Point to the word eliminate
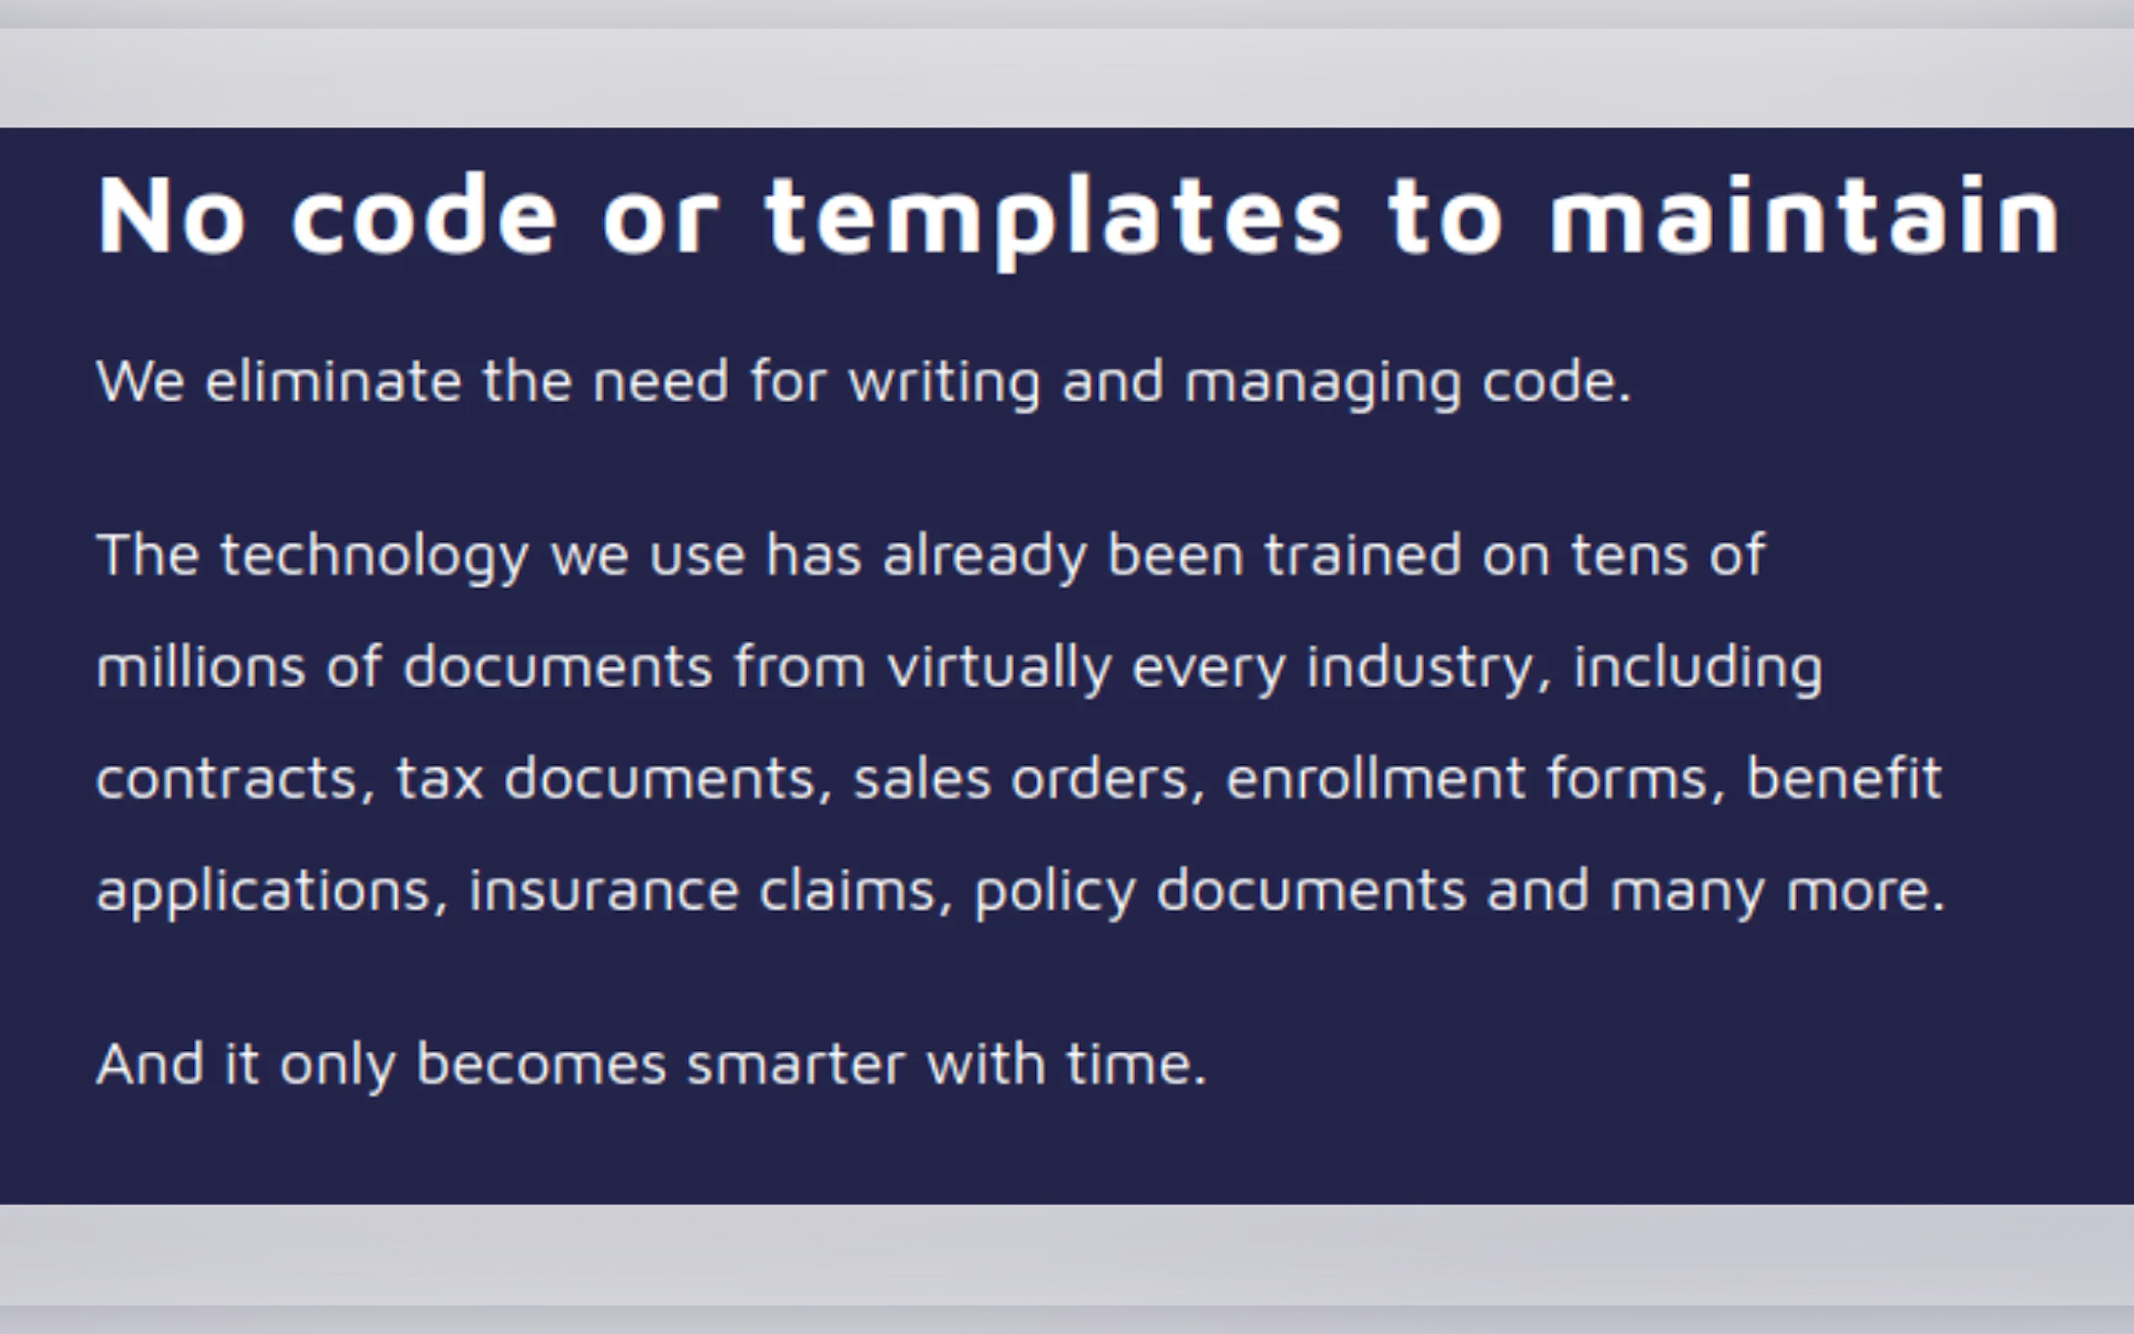pos(334,381)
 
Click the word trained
pos(1363,554)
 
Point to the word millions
pos(201,666)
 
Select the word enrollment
pos(1376,778)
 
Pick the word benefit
pos(1845,777)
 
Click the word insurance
pos(604,890)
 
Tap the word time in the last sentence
pos(1136,1064)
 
